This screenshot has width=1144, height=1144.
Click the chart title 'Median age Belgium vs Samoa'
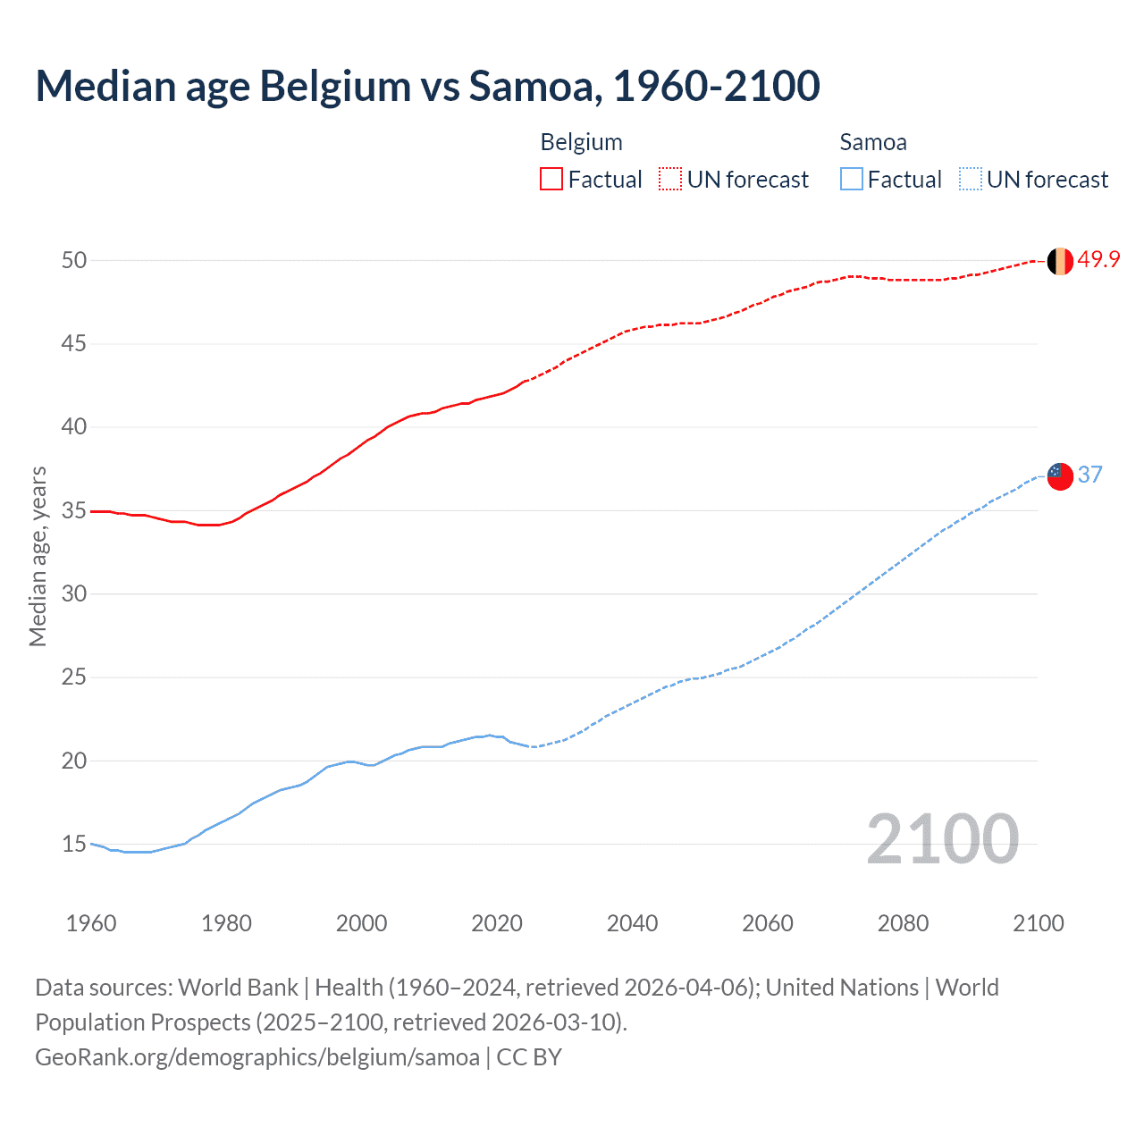427,86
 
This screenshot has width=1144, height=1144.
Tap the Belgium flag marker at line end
1060,261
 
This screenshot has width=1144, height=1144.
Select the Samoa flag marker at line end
1060,476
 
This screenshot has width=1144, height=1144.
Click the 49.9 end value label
1098,260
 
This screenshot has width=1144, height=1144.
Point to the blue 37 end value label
1089,475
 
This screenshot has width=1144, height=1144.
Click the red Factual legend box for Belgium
551,180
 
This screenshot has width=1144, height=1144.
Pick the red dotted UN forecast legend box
670,180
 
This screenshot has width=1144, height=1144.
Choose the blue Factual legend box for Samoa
851,180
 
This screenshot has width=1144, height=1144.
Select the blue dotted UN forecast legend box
970,180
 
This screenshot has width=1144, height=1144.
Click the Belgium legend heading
581,142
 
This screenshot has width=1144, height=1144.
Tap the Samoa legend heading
872,142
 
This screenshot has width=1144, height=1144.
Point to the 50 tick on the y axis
74,260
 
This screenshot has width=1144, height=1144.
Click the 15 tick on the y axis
74,844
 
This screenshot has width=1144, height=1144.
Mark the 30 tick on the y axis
74,593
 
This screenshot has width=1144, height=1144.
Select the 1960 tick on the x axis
91,923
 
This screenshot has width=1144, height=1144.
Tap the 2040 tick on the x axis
632,923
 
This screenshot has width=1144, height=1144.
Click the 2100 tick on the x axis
1038,923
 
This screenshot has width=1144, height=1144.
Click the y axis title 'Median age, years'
38,556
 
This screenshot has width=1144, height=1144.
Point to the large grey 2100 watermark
942,839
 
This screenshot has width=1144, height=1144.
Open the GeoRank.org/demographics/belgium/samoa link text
257,1057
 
